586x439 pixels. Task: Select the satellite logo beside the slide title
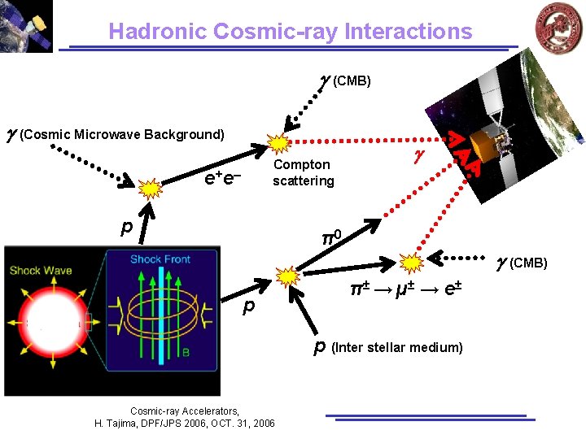click(26, 26)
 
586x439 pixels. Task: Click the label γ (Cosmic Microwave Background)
click(115, 134)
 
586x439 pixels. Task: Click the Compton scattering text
click(303, 172)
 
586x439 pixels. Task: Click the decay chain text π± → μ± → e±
click(405, 289)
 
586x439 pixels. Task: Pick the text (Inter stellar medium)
click(396, 348)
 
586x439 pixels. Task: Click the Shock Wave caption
click(42, 271)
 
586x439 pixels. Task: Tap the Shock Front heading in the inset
click(160, 259)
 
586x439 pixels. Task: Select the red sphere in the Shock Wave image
click(47, 322)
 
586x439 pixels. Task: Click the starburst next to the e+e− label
click(151, 189)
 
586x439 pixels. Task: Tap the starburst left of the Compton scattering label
click(279, 145)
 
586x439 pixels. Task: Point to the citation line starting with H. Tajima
click(185, 423)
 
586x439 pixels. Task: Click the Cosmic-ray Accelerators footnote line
click(185, 411)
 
